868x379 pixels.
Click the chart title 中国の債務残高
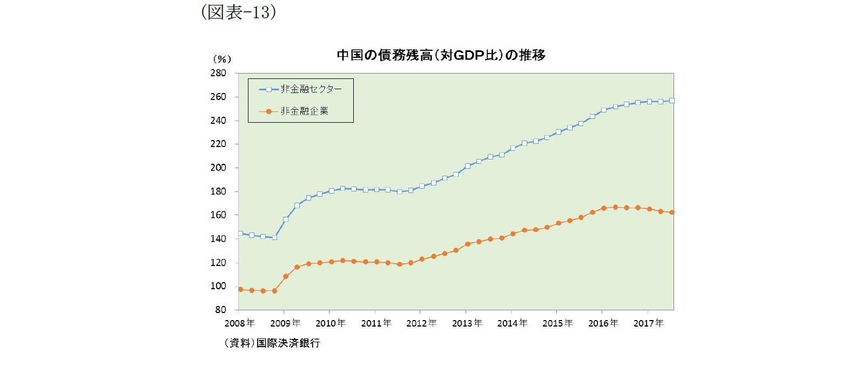440,55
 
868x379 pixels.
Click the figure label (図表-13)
238,11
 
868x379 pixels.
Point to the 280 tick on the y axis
218,73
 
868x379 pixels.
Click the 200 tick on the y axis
218,168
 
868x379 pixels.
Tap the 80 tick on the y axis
220,310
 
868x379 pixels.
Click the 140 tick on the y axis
218,238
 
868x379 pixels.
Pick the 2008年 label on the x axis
239,323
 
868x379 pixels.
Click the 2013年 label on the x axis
467,323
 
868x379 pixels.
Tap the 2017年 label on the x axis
648,323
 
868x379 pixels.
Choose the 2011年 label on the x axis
376,323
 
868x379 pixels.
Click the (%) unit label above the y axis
222,59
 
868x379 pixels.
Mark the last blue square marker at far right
672,101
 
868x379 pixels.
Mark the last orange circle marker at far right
672,212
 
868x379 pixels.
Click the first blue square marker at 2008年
240,234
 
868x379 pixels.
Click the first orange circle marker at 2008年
240,289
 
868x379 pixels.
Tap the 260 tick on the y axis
218,97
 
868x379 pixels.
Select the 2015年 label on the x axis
557,323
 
